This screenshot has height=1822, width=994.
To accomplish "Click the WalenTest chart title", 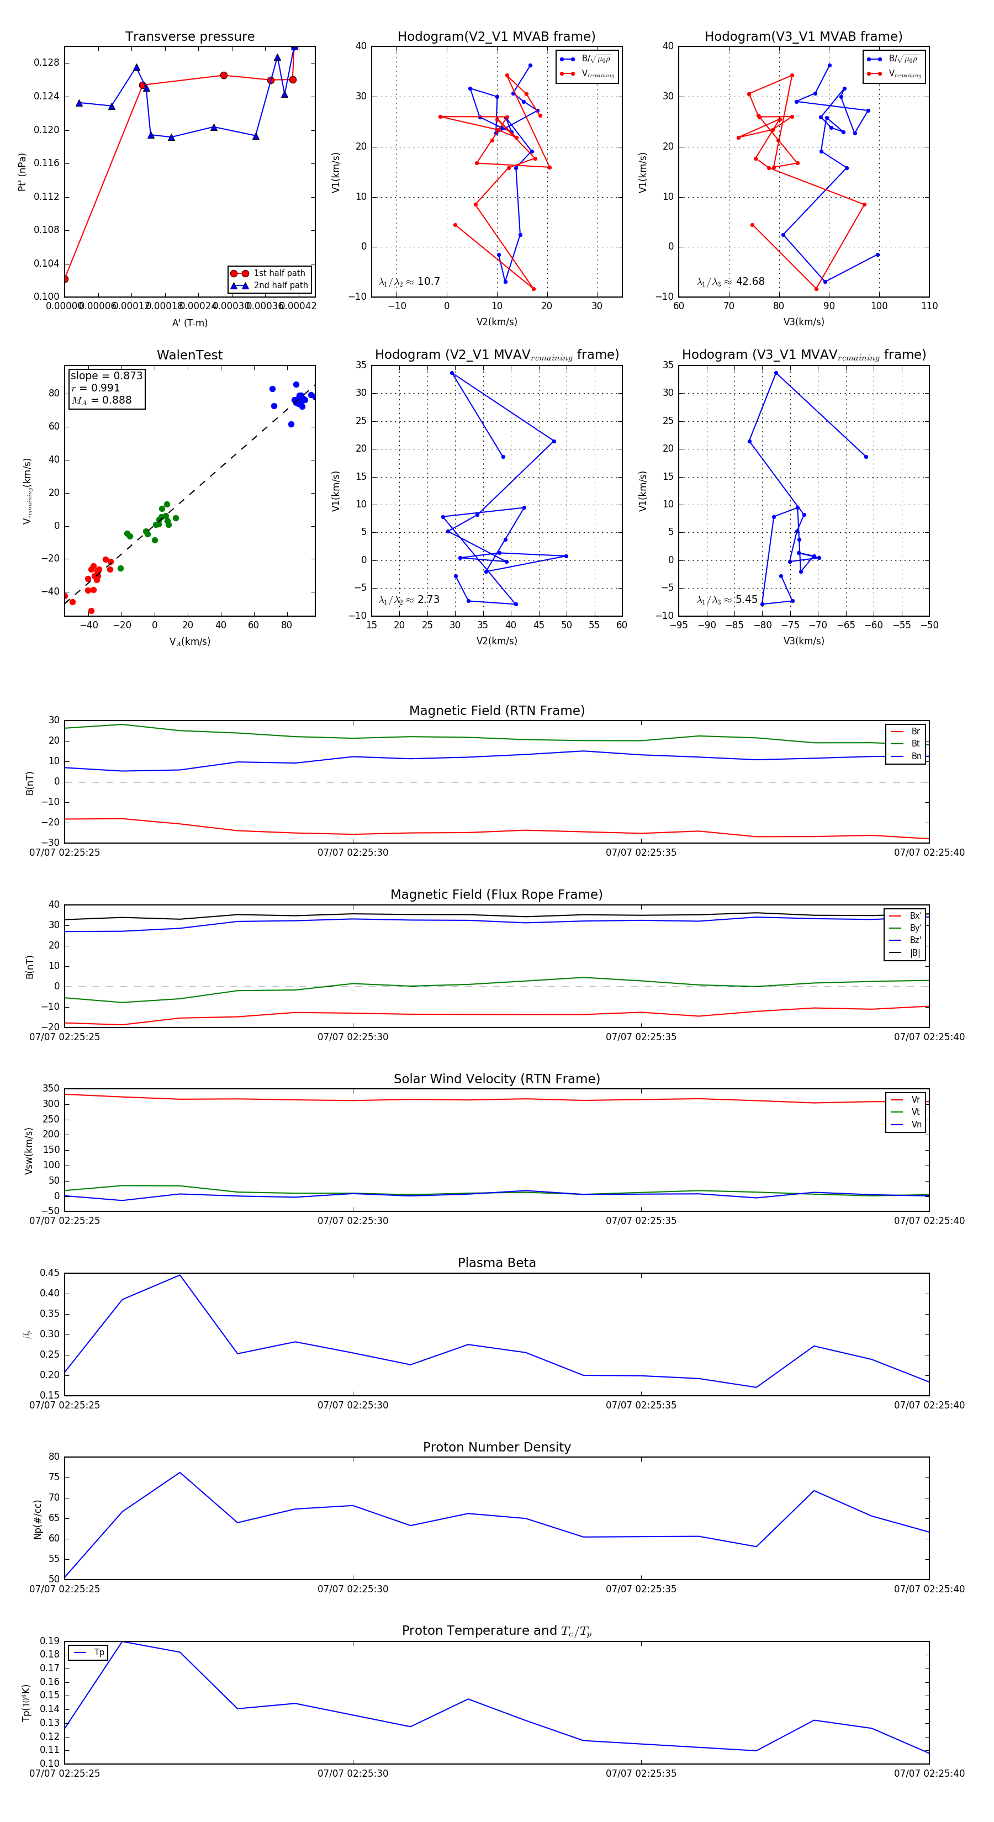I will (189, 355).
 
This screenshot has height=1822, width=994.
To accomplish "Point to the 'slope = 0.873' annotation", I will (106, 375).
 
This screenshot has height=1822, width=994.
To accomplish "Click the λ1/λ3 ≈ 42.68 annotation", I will (730, 282).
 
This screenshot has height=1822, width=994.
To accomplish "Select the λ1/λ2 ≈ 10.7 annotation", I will (409, 282).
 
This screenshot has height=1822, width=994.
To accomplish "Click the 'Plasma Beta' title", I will (496, 1263).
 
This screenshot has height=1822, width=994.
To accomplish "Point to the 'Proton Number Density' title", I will (496, 1447).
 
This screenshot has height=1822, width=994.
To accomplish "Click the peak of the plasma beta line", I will (179, 1275).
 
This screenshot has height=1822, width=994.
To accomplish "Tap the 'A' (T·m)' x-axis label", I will (189, 323).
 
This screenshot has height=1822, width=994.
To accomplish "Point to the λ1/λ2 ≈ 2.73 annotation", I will (409, 600).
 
